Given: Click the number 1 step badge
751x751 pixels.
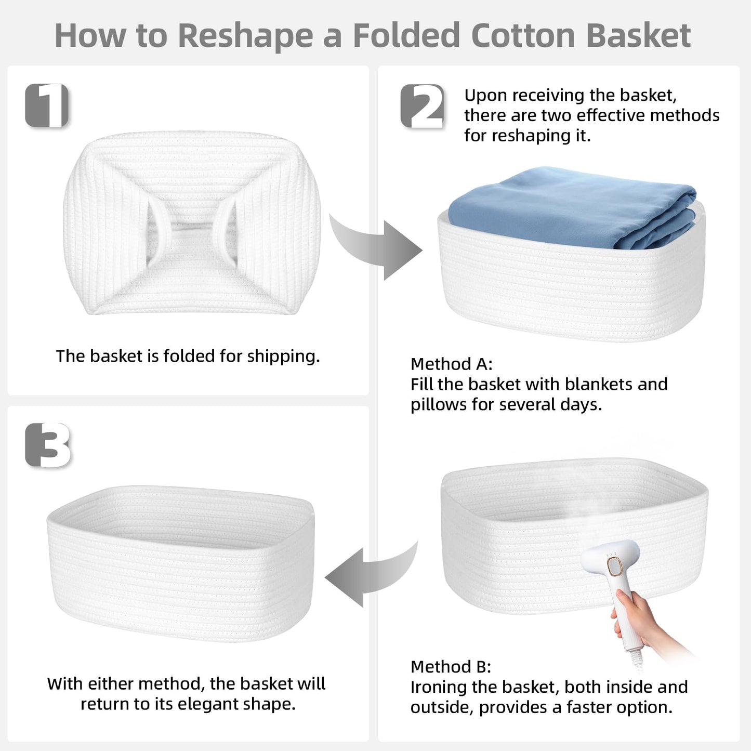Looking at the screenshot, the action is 47,105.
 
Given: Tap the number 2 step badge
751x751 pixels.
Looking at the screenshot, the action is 423,106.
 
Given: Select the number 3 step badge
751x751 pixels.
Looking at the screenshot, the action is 47,445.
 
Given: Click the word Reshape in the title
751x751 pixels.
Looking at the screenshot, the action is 245,36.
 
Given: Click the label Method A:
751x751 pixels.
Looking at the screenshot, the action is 451,364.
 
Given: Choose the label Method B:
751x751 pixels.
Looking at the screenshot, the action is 451,667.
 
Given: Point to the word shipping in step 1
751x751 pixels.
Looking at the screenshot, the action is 283,357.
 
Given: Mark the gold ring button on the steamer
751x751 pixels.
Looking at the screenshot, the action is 615,566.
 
